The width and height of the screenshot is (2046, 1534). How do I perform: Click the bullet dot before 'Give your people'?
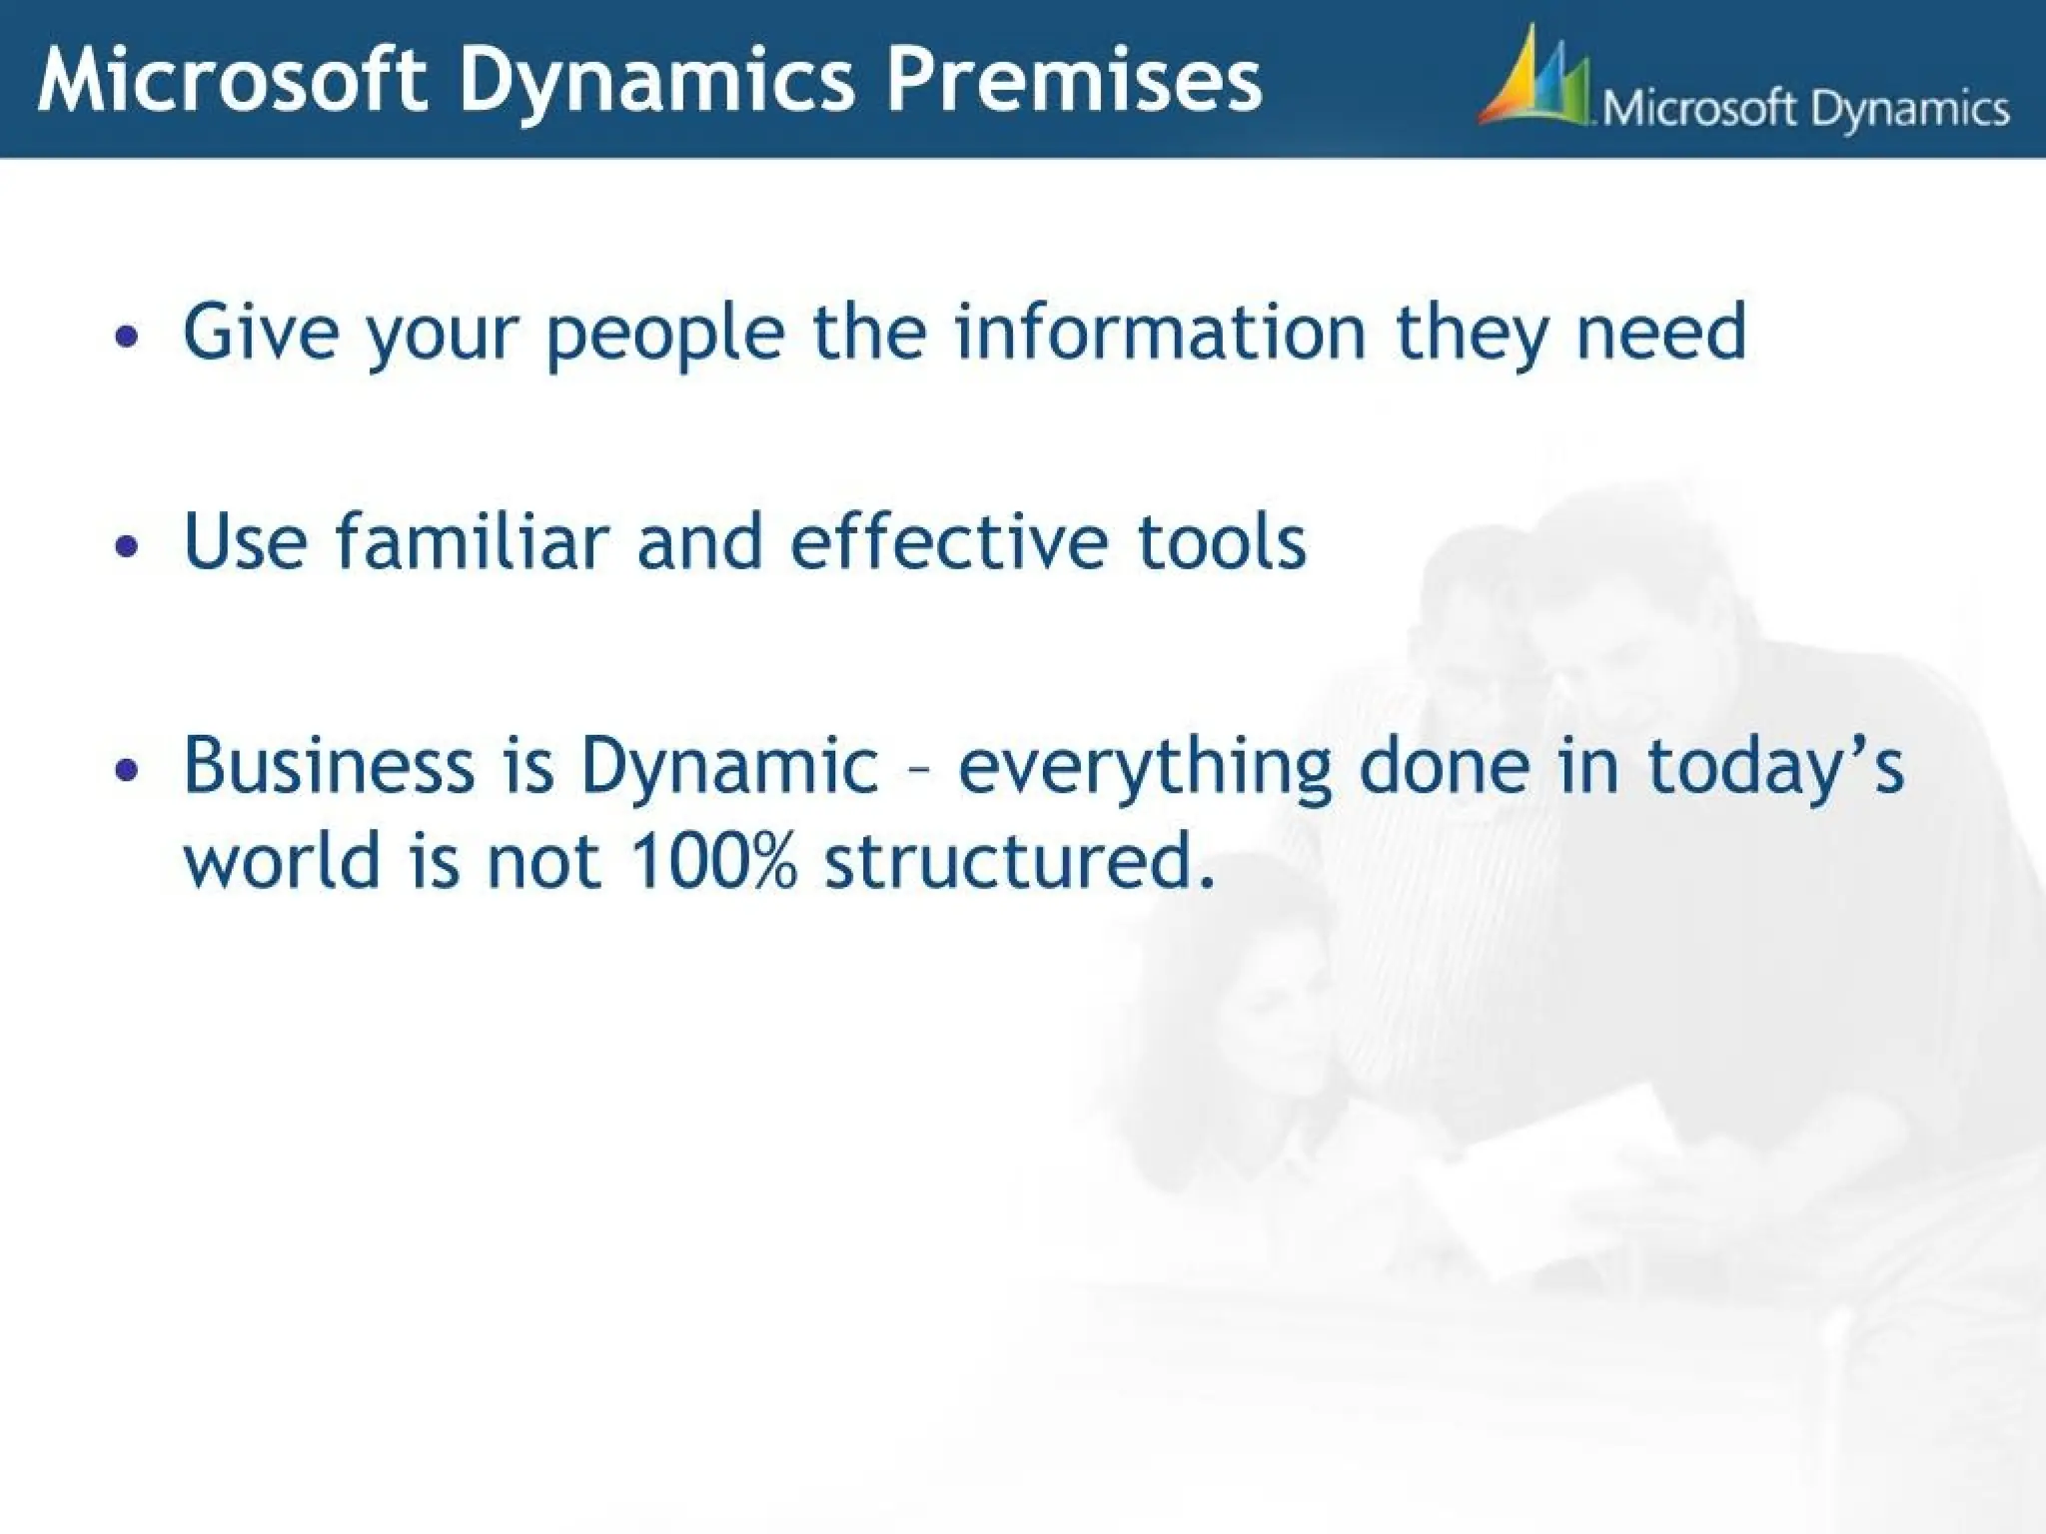coord(126,338)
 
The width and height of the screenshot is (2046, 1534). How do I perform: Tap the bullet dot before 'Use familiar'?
coord(126,546)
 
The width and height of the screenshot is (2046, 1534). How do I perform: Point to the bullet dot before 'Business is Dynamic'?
coord(126,770)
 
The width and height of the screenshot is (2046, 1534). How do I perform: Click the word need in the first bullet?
coord(1660,333)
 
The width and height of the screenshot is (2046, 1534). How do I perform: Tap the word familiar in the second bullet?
coord(471,541)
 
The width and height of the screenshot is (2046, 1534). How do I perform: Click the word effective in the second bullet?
coord(949,541)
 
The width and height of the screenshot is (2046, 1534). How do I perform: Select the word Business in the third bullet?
coord(329,765)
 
